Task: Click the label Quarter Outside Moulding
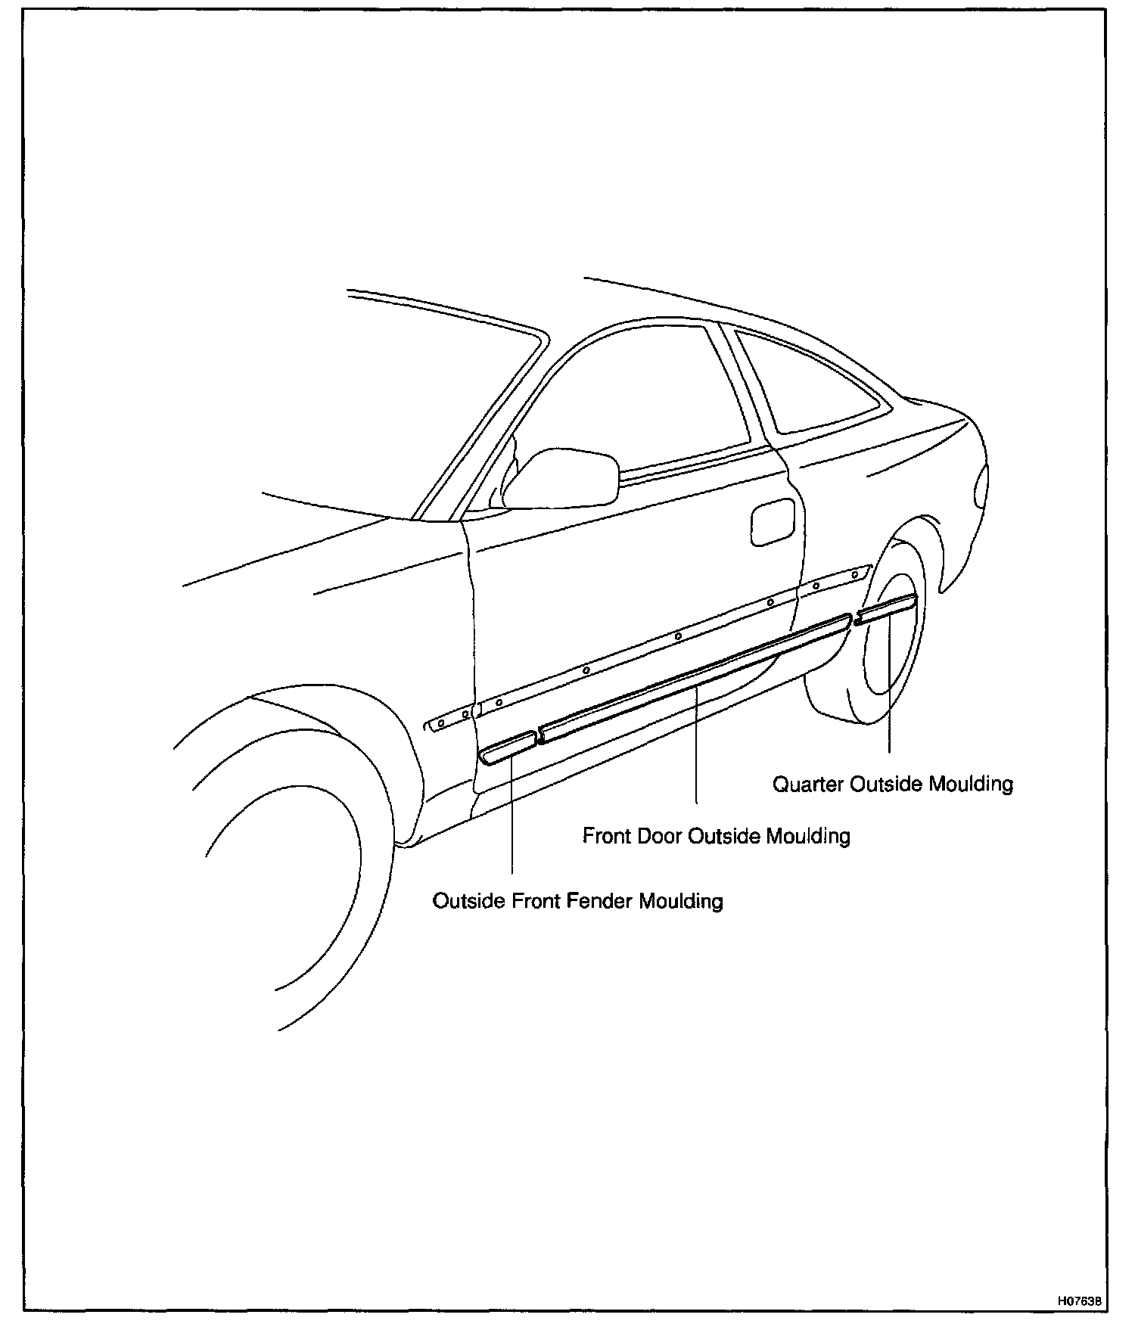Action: pos(892,784)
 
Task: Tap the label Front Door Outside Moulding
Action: pos(716,836)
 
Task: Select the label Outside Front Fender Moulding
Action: pos(577,901)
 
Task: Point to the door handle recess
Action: pos(772,521)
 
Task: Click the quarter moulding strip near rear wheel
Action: pos(885,610)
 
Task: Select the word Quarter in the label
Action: pos(807,784)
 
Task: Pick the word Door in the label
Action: pos(658,836)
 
